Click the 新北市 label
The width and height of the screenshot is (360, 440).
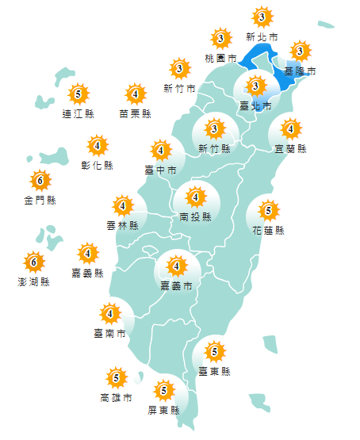pos(262,36)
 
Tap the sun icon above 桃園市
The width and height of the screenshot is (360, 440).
pos(220,38)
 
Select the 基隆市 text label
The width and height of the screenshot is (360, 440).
pos(301,71)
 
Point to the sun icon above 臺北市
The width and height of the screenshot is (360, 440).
pos(256,86)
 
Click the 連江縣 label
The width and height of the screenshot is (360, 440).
pos(78,114)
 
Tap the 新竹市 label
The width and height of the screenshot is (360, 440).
pos(179,88)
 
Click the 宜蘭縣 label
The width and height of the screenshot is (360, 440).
pos(290,148)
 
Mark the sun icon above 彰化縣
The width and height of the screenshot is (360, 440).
pos(98,146)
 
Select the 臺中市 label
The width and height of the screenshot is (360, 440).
pos(160,170)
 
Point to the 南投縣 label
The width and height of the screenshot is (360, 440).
pos(195,216)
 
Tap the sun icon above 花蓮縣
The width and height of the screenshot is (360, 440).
pos(268,211)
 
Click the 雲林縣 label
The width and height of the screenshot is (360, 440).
pos(122,226)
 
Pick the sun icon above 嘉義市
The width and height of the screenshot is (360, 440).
pos(176,266)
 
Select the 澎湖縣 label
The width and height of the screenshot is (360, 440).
pos(33,281)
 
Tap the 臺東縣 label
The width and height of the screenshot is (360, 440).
pos(214,370)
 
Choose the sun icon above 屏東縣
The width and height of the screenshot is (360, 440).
pos(164,390)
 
